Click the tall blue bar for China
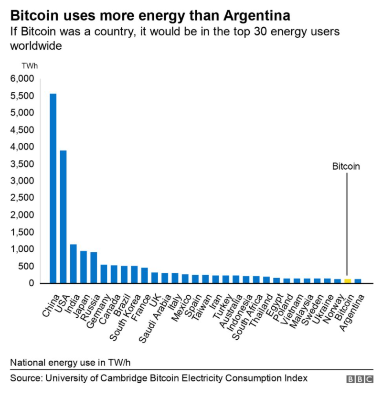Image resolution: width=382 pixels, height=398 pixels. tap(53, 188)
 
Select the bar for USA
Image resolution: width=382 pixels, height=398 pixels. tap(63, 217)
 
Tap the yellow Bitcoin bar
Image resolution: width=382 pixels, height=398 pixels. tap(348, 281)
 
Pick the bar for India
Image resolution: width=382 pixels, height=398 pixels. tap(74, 264)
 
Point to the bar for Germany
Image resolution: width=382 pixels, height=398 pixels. tap(104, 274)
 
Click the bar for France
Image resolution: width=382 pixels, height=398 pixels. tap(145, 275)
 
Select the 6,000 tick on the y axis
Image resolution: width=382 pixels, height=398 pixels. tap(22, 79)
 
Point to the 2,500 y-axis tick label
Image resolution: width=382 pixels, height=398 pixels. tap(22, 197)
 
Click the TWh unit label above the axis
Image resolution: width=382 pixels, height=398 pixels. tap(30, 66)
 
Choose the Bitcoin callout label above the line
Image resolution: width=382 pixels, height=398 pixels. tap(346, 166)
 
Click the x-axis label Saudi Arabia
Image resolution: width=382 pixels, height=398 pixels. tap(155, 319)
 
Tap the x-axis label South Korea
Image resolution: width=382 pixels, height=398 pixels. tap(125, 318)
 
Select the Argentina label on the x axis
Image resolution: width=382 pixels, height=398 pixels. tap(351, 312)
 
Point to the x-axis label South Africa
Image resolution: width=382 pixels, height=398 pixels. tap(247, 317)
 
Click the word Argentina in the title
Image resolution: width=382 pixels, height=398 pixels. tap(257, 15)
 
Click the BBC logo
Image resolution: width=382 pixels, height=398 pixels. tap(360, 379)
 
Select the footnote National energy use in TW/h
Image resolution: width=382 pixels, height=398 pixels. tap(70, 363)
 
